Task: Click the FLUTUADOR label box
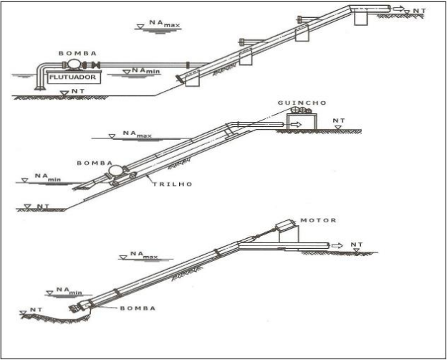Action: point(74,77)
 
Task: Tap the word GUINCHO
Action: point(302,103)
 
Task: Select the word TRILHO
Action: point(173,184)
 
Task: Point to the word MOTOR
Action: point(318,220)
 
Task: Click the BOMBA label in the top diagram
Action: point(77,53)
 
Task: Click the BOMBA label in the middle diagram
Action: point(95,163)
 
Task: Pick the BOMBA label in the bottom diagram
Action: point(138,308)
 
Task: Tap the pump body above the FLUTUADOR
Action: point(75,65)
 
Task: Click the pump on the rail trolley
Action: point(116,171)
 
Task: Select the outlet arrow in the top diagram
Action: point(398,9)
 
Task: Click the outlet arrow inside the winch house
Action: point(296,125)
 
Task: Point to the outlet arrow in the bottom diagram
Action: point(337,245)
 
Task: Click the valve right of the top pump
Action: point(96,65)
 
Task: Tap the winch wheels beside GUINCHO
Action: point(301,110)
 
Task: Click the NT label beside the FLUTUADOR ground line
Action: point(78,91)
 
